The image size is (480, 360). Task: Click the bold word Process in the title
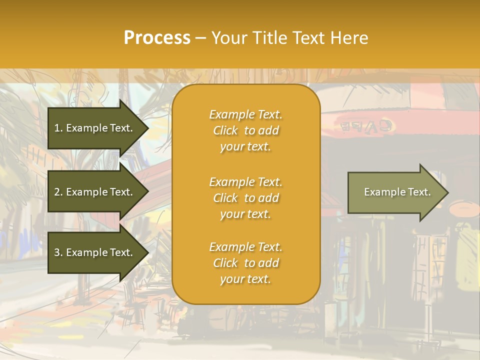pos(157,38)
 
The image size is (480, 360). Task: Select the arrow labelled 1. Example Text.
pos(95,128)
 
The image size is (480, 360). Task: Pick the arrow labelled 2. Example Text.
pos(95,192)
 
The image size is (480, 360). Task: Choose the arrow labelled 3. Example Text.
pos(95,252)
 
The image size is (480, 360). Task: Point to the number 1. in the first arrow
pos(58,128)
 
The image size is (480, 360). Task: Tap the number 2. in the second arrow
pos(58,192)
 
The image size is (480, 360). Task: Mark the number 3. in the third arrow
pos(58,252)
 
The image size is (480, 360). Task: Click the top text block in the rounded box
pos(245,130)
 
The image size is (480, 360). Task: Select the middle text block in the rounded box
pos(245,197)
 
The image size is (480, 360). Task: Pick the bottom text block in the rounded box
pos(245,263)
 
